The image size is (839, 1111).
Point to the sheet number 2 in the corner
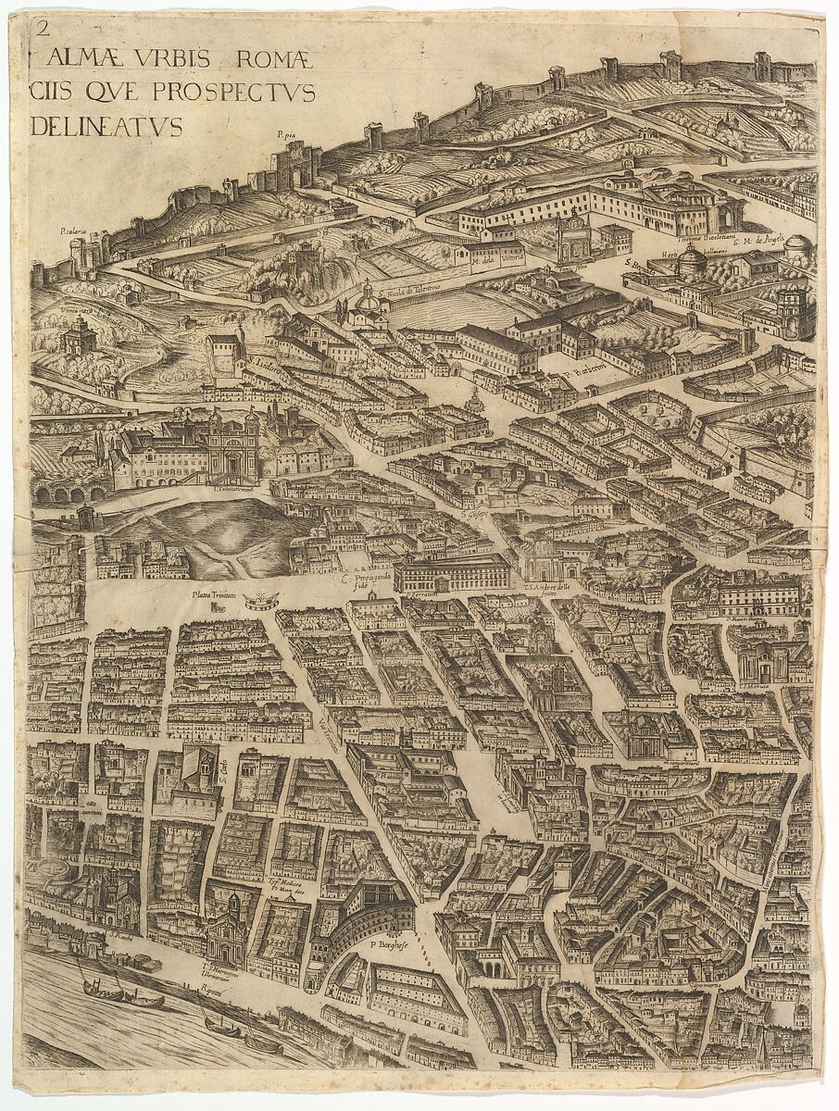pos(39,28)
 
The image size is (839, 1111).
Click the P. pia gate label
pos(286,134)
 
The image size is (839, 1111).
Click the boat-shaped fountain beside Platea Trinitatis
pos(261,603)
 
